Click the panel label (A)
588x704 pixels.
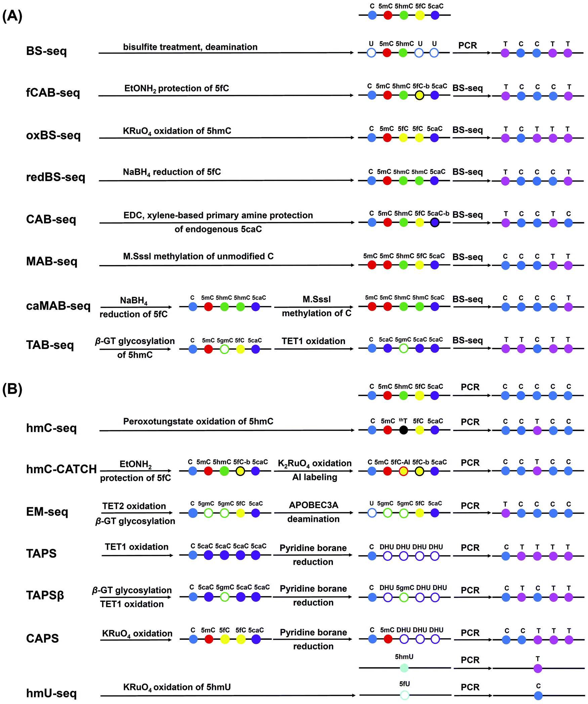12,16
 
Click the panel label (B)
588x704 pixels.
12,389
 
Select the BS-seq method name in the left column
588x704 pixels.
46,51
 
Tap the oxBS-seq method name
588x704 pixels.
53,135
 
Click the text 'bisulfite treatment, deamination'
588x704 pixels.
190,47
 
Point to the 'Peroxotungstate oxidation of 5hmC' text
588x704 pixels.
198,421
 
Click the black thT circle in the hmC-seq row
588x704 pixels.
404,430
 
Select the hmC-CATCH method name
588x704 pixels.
61,469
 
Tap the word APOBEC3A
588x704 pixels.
313,505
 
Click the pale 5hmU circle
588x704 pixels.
404,668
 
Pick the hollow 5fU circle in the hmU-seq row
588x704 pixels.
405,695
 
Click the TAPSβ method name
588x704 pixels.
45,595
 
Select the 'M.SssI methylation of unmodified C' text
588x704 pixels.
198,256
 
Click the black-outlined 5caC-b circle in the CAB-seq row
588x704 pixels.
435,222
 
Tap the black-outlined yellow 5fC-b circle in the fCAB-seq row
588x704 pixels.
419,95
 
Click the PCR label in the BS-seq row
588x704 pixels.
467,45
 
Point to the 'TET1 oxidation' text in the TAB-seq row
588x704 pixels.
313,341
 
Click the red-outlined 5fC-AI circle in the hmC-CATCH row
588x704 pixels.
404,471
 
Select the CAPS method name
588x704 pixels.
42,638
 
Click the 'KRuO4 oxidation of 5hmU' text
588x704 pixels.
177,687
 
